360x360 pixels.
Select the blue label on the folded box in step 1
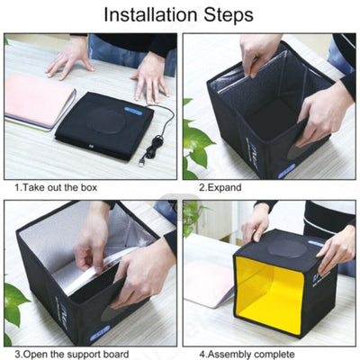click(x=133, y=111)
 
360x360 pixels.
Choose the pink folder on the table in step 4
click(x=209, y=283)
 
